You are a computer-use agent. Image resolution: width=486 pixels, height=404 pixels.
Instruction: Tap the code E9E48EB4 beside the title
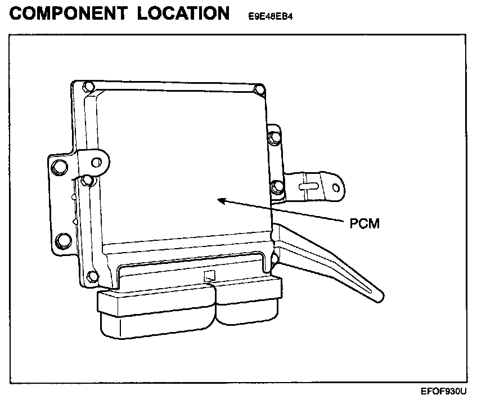(x=269, y=16)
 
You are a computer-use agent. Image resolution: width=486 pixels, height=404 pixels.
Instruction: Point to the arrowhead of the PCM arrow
(x=221, y=199)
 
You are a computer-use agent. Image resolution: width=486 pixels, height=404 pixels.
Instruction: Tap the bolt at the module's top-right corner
(x=258, y=89)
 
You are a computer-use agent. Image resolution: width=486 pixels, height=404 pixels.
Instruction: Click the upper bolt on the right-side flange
(x=274, y=136)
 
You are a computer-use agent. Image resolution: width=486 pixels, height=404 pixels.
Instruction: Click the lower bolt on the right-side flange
(x=276, y=187)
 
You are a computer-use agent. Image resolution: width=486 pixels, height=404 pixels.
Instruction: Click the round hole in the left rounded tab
(x=97, y=163)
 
